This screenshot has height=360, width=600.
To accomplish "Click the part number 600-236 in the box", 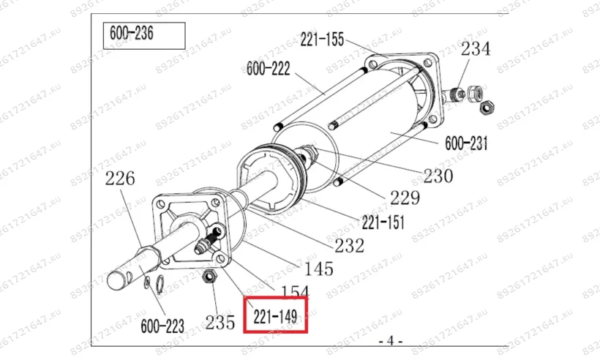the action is (131, 33).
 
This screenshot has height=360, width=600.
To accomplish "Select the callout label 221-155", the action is (322, 40).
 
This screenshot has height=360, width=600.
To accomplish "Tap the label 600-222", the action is (269, 69).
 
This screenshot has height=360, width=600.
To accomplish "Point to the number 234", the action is (476, 49).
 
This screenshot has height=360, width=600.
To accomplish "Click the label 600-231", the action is (466, 143).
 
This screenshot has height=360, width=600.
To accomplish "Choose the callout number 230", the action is (438, 176).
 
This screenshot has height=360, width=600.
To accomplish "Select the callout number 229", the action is (405, 198).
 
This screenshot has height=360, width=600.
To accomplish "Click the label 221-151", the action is (383, 222).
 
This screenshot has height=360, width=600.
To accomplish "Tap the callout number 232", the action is (349, 246).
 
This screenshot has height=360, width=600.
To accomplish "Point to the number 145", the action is (318, 269).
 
